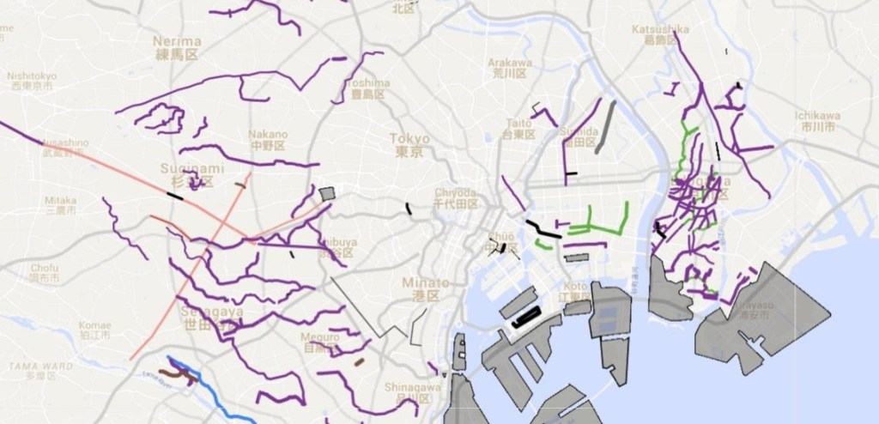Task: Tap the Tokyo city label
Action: click(x=409, y=139)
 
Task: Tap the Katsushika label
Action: click(x=660, y=30)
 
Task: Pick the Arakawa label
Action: click(x=510, y=63)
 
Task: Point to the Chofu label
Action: click(x=43, y=268)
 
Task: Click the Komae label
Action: click(x=94, y=326)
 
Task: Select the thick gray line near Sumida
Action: click(x=606, y=127)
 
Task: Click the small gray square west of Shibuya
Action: click(x=326, y=195)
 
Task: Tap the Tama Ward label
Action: click(x=32, y=366)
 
